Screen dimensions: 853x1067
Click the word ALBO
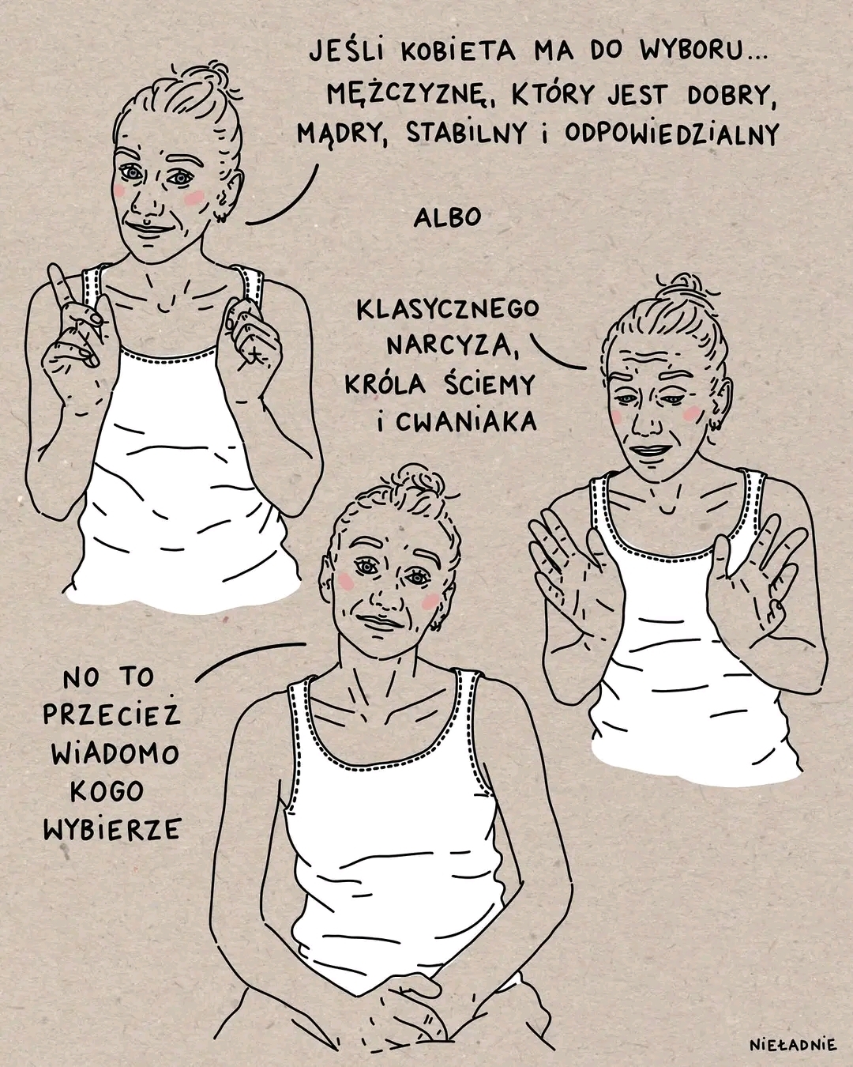point(448,217)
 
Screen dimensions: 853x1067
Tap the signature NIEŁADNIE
point(793,1042)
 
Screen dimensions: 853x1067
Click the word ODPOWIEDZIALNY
point(671,133)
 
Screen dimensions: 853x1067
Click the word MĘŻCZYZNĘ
point(407,94)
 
